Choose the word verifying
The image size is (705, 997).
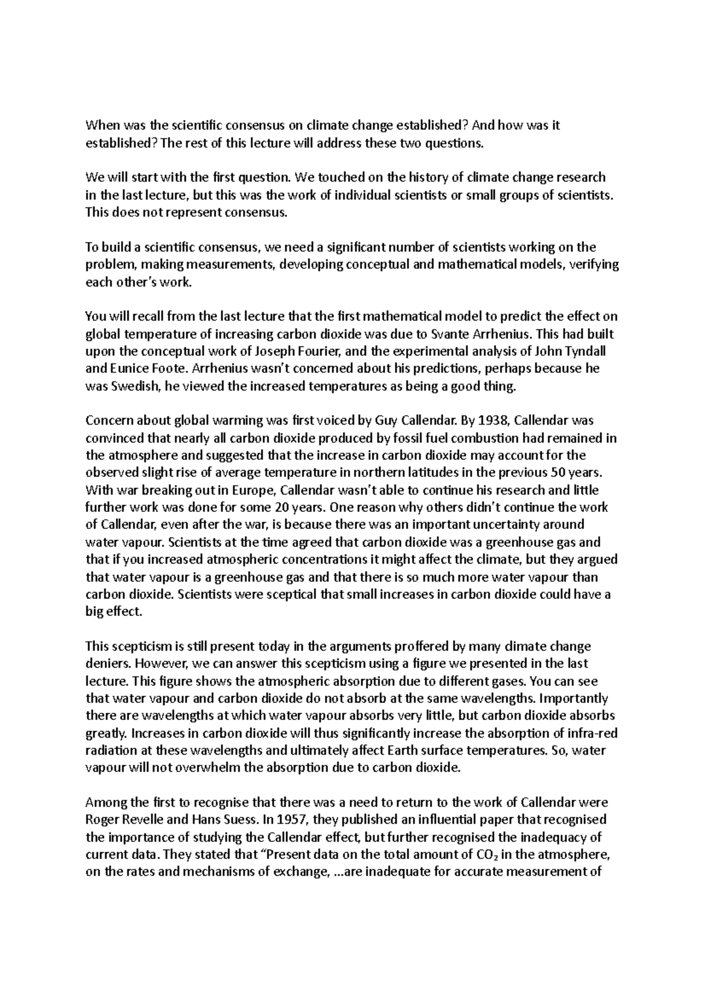click(x=594, y=264)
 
